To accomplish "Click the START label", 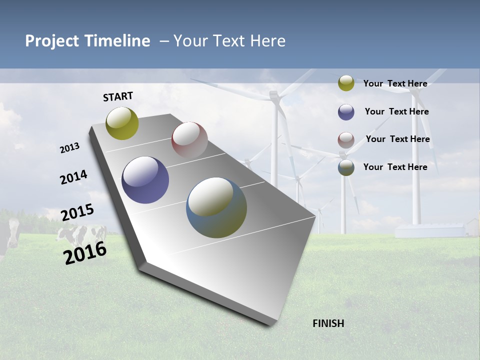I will pos(118,96).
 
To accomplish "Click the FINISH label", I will pos(328,323).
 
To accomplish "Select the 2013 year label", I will pos(70,148).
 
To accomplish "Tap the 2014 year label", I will pos(74,177).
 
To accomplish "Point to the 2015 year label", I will pos(77,212).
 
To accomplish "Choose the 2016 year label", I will pos(85,253).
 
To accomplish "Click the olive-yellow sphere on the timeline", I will pos(122,123).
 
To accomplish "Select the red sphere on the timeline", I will pos(189,139).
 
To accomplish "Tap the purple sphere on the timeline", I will pos(145,180).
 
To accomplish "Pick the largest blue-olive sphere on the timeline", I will pos(216,207).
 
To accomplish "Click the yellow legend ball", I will pos(346,83).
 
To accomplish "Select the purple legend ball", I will pos(346,112).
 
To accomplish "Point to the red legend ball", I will pos(346,140).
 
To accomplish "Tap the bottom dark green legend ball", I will pos(346,168).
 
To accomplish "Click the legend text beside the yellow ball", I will pos(395,83).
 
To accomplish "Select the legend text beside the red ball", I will pos(397,139).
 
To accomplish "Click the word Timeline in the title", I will pos(116,41).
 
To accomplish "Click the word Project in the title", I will pos(51,41).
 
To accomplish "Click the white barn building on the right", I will pos(430,230).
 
